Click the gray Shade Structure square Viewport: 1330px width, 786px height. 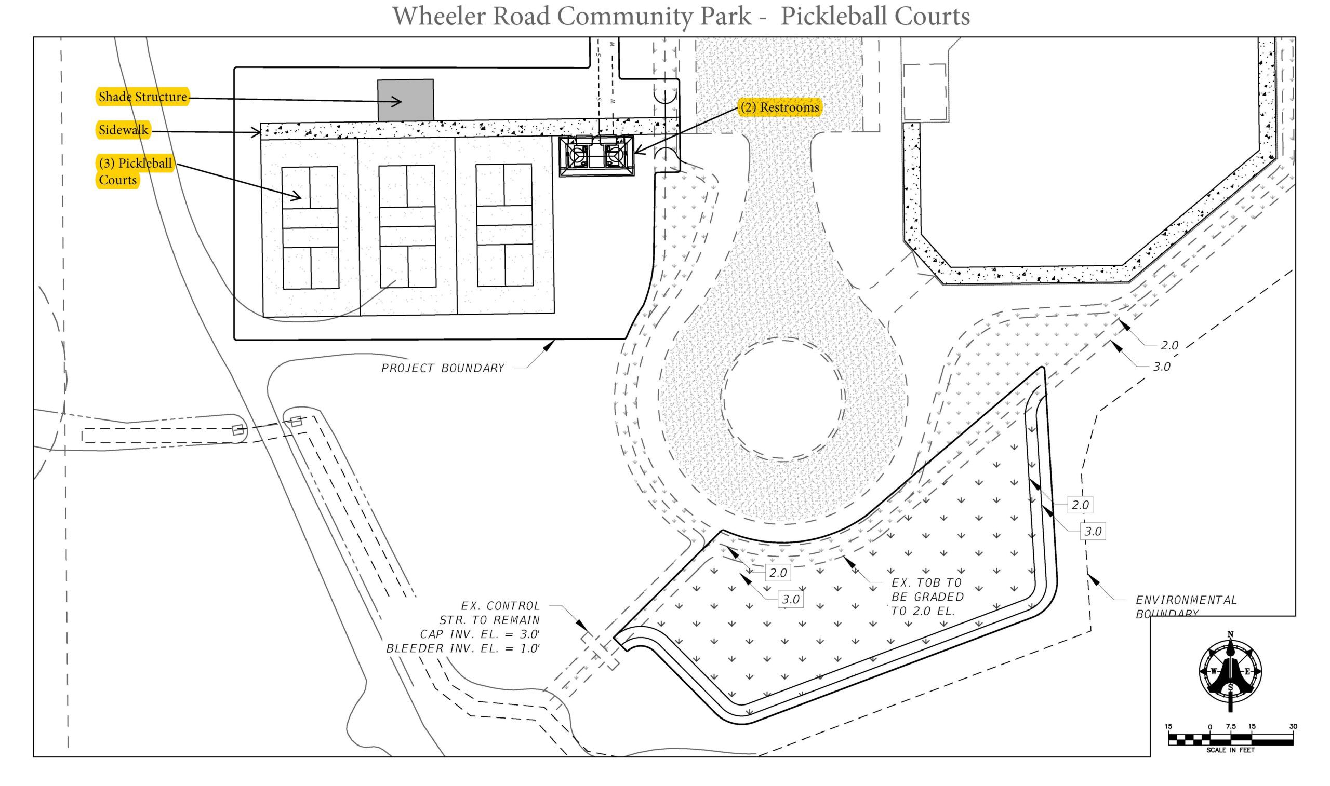point(405,100)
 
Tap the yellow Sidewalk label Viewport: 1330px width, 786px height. point(124,130)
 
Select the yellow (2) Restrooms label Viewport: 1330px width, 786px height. point(779,107)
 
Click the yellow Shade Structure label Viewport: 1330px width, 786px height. point(142,97)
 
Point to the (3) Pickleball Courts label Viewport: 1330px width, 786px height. point(135,171)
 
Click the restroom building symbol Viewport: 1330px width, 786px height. point(596,156)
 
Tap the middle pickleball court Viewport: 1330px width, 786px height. point(407,227)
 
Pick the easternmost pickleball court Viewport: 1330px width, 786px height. point(504,225)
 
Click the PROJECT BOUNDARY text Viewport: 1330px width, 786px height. point(443,368)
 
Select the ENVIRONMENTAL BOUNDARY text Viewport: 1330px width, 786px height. point(1186,606)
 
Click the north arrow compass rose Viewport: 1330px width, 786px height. point(1230,672)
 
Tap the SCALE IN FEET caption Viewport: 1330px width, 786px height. point(1230,750)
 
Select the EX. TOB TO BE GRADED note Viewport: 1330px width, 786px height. point(927,597)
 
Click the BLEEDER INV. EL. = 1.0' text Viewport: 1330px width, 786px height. point(462,649)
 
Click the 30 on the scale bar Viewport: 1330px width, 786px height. point(1293,726)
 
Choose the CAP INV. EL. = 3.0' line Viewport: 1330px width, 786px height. point(480,634)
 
